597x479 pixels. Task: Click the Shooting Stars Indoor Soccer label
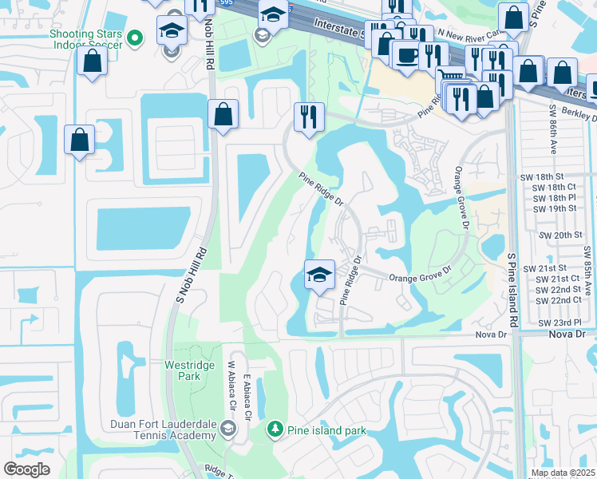(x=86, y=38)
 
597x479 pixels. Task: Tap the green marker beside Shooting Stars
(x=136, y=37)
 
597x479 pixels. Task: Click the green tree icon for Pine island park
(x=275, y=430)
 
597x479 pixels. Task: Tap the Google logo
(x=26, y=469)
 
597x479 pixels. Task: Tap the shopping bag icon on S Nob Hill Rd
(x=223, y=113)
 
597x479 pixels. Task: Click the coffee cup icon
(x=407, y=55)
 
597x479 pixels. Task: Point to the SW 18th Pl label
(x=557, y=197)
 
